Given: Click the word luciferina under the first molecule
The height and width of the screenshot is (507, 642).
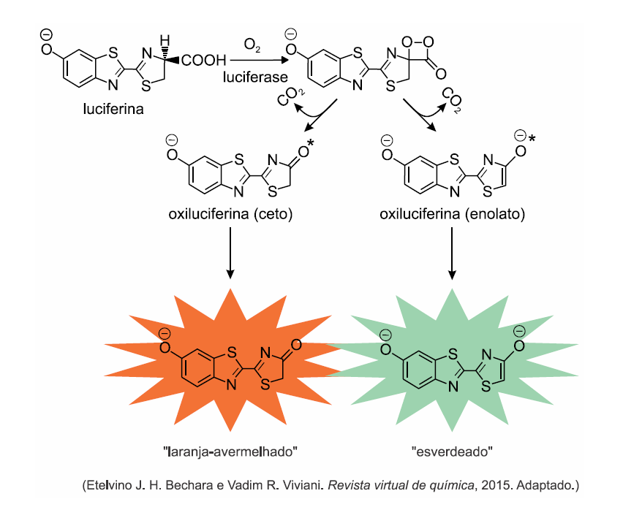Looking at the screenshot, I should coord(113,110).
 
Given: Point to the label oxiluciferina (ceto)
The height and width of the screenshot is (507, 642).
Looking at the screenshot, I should coord(231,214).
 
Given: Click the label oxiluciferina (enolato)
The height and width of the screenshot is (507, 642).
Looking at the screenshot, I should coord(452,214).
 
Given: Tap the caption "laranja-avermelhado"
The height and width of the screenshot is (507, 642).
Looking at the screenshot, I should coord(231,451).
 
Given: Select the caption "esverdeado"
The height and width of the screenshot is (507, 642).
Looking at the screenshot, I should coord(452,451).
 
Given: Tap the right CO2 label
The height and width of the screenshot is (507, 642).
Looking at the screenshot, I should coord(452,99).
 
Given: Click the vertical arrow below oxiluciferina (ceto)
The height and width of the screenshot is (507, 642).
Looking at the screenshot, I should coord(231,252).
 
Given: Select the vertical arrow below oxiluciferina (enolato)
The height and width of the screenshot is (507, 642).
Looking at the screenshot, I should coord(452,252).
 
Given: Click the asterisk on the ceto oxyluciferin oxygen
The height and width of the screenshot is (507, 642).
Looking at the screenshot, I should coord(310,149).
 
